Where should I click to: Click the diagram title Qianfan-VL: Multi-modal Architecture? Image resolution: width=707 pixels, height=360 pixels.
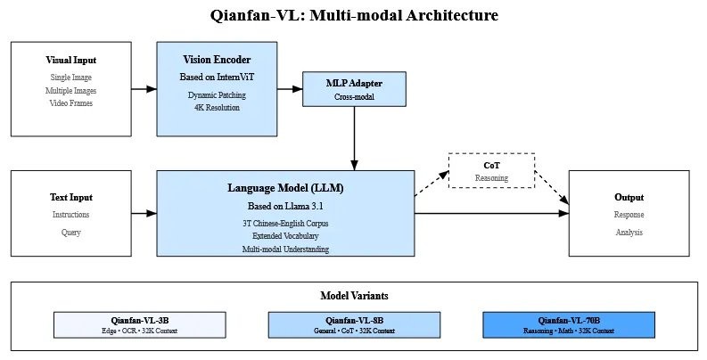pos(354,15)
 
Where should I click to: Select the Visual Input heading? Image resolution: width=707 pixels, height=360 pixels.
pos(71,61)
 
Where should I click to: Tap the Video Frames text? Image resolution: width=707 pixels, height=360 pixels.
pos(71,103)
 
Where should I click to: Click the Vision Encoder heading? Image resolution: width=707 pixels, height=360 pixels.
pos(217,60)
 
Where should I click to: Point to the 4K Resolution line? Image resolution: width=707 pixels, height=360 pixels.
pos(217,108)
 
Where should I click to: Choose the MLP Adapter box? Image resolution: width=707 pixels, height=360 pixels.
pos(354,88)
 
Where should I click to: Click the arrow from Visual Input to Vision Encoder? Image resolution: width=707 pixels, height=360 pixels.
pos(144,88)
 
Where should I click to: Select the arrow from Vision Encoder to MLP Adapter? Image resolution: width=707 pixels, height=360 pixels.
pos(290,88)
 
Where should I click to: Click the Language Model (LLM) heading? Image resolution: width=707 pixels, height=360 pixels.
pos(285,189)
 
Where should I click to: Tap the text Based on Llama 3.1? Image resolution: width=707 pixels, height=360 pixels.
pos(285,207)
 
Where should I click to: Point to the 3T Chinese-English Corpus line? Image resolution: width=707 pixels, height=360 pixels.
pos(285,222)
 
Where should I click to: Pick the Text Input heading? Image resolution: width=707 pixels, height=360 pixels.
pos(71,197)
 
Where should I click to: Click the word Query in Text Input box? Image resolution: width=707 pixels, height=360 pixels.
pos(71,233)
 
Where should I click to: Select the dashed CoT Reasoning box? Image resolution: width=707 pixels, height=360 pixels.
pos(491,170)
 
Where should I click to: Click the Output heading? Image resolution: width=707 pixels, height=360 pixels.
pos(629,197)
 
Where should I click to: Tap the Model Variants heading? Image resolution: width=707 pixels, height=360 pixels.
pos(354,295)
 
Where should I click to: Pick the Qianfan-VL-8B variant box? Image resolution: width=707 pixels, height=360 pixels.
pos(354,324)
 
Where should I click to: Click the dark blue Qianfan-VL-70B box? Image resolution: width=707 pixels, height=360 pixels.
pos(568,324)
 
